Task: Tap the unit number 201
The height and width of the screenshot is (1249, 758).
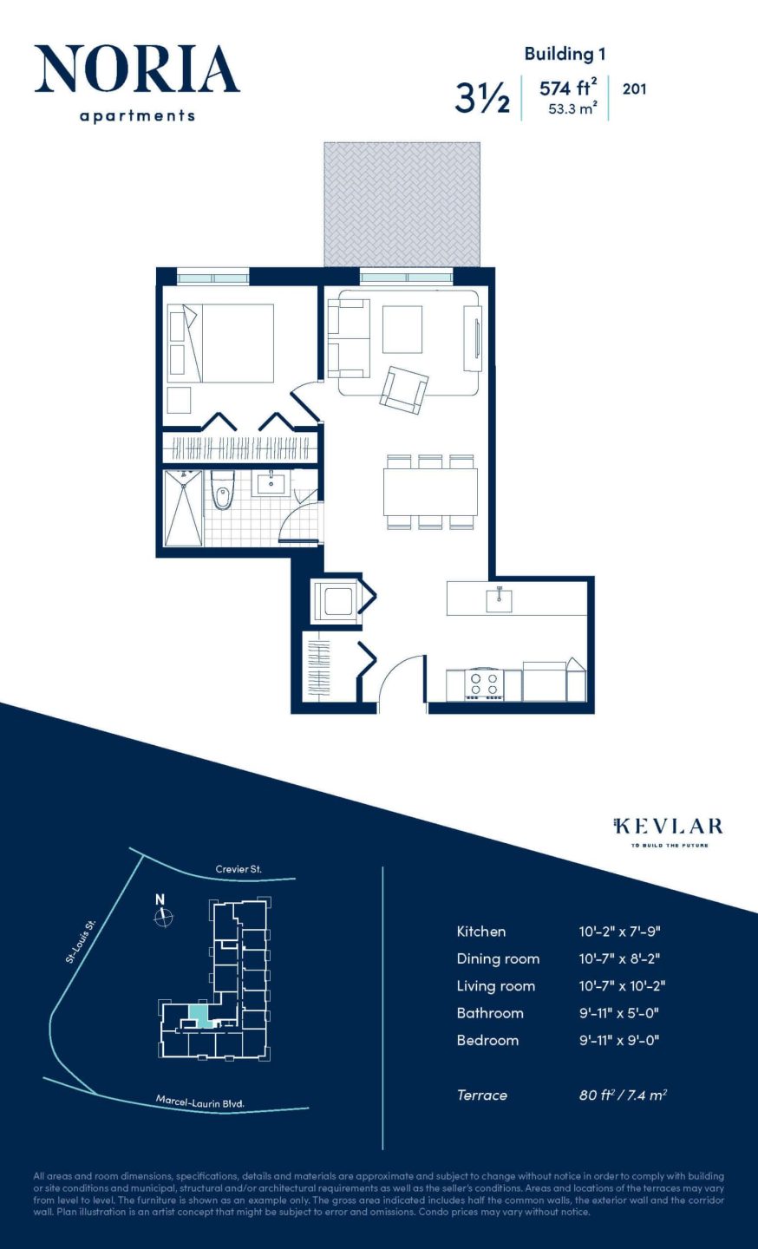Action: point(634,88)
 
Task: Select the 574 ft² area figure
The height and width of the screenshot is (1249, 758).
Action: point(567,88)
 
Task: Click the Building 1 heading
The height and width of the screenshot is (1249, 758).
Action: point(565,54)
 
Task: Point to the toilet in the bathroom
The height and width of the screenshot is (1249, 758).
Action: point(223,491)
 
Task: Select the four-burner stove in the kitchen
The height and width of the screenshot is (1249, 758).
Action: point(484,684)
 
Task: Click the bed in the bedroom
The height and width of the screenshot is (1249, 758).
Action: point(229,343)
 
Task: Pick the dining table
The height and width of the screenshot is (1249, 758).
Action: point(430,492)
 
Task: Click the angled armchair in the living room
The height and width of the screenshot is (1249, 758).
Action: point(404,389)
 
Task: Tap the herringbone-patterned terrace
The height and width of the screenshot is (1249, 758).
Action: point(402,205)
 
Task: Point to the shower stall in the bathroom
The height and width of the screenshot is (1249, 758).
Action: point(183,508)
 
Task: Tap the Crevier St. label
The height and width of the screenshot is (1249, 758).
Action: point(239,869)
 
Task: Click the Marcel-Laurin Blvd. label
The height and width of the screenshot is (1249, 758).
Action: point(200,1102)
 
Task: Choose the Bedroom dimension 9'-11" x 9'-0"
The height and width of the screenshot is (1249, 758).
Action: point(618,1040)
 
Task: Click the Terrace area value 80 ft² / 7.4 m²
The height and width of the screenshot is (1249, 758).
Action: point(622,1095)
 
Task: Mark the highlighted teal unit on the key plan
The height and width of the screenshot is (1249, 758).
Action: point(199,1014)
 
